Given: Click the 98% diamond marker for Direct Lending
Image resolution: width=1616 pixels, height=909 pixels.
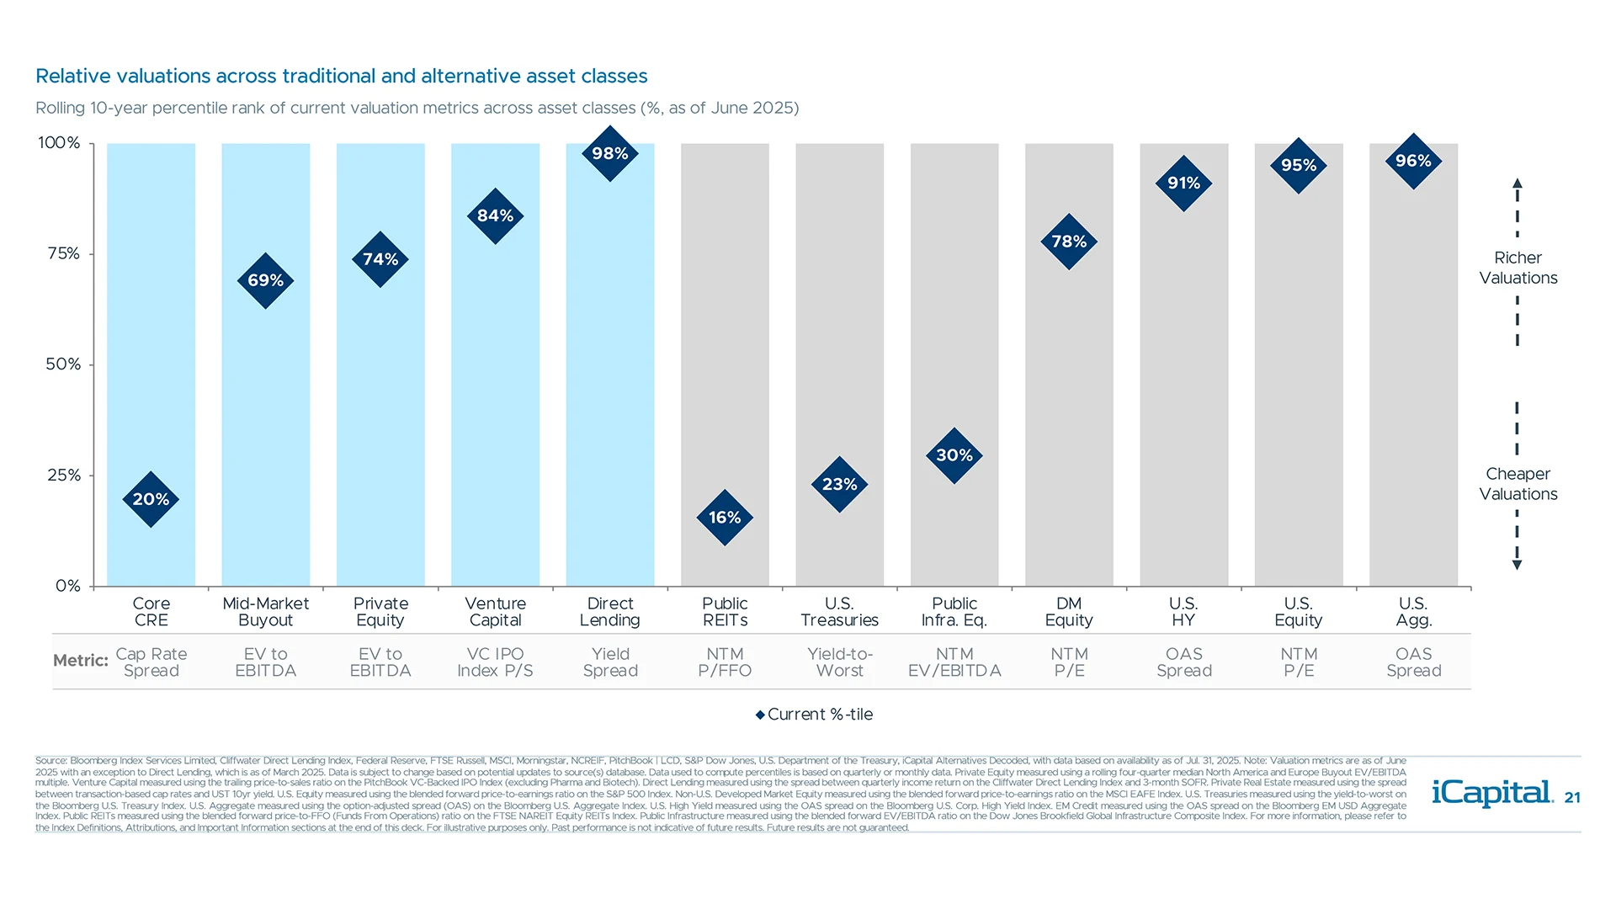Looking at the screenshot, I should click(x=610, y=153).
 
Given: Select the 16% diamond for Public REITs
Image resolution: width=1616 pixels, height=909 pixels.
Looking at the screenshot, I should click(x=725, y=517).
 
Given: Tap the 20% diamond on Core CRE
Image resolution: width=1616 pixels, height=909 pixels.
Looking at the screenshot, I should click(x=151, y=499).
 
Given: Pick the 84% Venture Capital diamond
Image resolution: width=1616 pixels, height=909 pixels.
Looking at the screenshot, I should click(x=495, y=215).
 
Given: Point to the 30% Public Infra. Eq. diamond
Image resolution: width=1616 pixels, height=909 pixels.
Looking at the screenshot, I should click(x=954, y=455).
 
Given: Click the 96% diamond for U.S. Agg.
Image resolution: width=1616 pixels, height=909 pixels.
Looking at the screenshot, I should click(x=1413, y=161).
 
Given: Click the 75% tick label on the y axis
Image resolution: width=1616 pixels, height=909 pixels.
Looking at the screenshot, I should click(x=64, y=253).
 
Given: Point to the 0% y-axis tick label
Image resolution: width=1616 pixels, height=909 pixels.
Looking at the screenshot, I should click(x=67, y=586).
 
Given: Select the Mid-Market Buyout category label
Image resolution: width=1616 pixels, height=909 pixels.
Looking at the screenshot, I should click(x=265, y=612).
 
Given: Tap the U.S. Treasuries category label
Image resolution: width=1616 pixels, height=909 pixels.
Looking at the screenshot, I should click(x=839, y=612).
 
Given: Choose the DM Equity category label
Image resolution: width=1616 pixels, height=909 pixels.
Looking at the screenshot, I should click(x=1069, y=612).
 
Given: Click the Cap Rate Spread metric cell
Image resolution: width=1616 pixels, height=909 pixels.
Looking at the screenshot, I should click(x=151, y=662).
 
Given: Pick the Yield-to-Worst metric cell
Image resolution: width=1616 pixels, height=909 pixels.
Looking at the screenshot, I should click(x=839, y=662).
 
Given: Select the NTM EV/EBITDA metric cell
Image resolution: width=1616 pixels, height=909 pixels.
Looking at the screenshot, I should click(x=954, y=662).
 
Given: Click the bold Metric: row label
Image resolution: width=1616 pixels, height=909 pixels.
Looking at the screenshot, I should click(x=81, y=661).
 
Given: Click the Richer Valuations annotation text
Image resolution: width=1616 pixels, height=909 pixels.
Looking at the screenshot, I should click(x=1518, y=268).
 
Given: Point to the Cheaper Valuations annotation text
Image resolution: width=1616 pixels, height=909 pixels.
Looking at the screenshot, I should click(x=1518, y=484).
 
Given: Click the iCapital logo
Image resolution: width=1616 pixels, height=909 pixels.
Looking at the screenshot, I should click(x=1492, y=793).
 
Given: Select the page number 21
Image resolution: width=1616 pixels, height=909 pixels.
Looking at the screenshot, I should click(x=1572, y=798).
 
